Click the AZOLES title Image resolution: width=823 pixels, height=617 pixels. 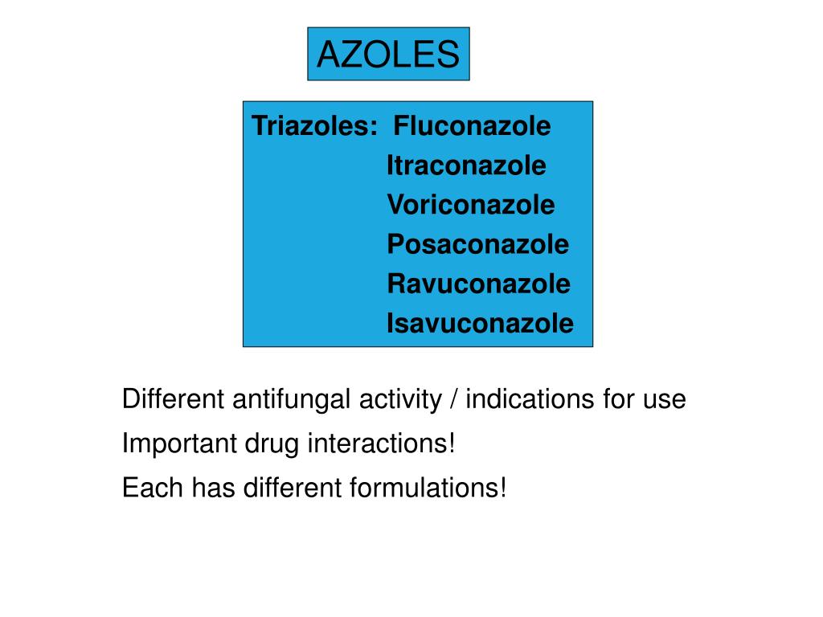click(x=388, y=55)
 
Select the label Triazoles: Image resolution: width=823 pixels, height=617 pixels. click(x=315, y=127)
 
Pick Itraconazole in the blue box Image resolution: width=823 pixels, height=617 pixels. click(x=466, y=166)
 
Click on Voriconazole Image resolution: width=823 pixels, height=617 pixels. click(x=470, y=205)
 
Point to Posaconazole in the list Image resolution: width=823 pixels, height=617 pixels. click(x=477, y=244)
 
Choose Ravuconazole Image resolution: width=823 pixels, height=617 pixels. click(x=478, y=284)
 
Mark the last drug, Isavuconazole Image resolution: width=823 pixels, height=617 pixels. click(x=480, y=323)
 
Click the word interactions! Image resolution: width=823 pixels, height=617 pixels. click(x=381, y=443)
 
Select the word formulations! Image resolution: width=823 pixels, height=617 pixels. click(x=428, y=487)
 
